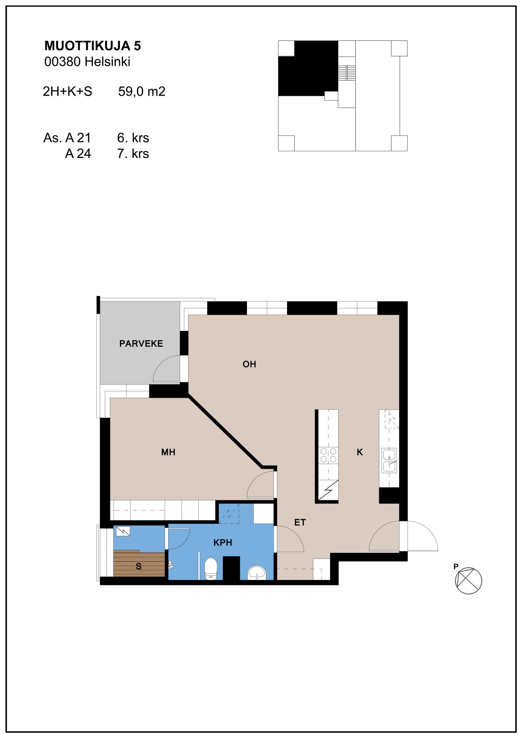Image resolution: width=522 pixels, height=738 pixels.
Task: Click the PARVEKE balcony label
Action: point(141,343)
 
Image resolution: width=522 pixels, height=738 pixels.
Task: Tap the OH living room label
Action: point(249,364)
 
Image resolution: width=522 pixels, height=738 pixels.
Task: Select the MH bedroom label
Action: point(168,452)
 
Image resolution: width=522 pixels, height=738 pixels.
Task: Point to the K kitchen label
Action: point(360,452)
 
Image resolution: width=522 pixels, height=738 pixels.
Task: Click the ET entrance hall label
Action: point(300,522)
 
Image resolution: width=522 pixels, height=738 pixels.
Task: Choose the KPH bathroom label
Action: point(223,542)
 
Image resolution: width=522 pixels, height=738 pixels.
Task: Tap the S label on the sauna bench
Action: point(138,566)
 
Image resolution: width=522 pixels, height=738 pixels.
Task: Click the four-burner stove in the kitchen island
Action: point(328,455)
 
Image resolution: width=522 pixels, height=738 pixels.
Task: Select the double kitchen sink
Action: point(389,460)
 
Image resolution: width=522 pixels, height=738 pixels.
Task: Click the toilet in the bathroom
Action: point(211,569)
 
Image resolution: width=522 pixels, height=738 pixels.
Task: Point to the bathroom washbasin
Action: point(257,573)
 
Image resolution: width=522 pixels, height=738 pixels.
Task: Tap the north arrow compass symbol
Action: point(468,580)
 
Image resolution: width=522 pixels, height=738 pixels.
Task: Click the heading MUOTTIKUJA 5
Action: point(92,46)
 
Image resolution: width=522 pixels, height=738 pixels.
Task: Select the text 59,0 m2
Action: point(142,91)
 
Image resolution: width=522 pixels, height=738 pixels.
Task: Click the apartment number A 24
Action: point(78,154)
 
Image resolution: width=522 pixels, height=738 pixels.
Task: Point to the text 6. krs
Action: point(133,138)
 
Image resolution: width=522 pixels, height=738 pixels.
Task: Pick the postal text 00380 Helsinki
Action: point(87,62)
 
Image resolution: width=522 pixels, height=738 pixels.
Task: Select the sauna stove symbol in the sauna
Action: point(123,531)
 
